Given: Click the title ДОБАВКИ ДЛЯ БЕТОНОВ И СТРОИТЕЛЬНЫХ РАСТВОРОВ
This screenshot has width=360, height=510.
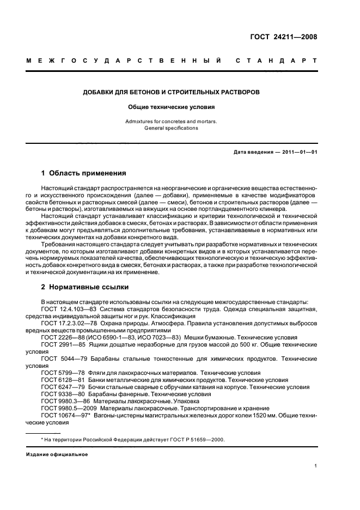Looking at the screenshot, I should (x=171, y=92).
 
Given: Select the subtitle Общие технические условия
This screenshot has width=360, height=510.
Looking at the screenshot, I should (x=171, y=107).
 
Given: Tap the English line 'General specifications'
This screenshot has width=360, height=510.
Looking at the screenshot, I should (x=171, y=128).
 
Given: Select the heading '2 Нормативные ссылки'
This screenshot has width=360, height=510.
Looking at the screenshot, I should (x=84, y=287).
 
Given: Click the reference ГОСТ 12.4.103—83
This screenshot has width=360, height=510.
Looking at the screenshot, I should (x=65, y=309).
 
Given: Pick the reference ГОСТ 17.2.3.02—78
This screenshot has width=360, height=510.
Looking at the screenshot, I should (x=66, y=324).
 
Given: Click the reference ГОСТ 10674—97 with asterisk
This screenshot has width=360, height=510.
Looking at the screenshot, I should (x=63, y=416).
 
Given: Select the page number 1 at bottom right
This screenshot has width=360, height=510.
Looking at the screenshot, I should (x=316, y=465).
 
